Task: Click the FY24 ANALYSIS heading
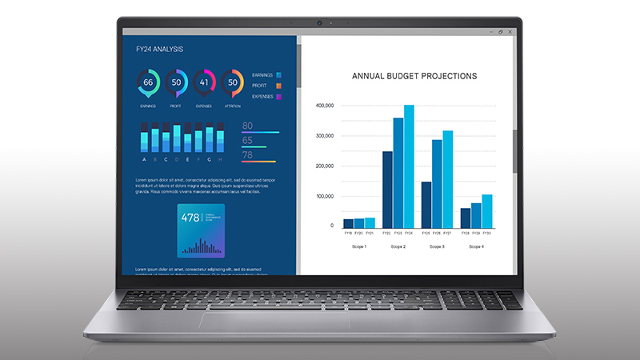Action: pyautogui.click(x=159, y=50)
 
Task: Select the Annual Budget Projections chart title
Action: pyautogui.click(x=414, y=76)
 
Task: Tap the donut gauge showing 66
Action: pyautogui.click(x=148, y=82)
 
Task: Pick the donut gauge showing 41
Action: pyautogui.click(x=204, y=82)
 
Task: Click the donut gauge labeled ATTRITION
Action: pyautogui.click(x=232, y=82)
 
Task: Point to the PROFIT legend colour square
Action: pyautogui.click(x=278, y=86)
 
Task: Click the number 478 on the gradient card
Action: pyautogui.click(x=190, y=218)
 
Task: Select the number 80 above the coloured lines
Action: pyautogui.click(x=247, y=126)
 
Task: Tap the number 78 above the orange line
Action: pyautogui.click(x=247, y=154)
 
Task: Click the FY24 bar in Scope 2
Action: pyautogui.click(x=409, y=167)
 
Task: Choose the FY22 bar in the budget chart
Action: pyautogui.click(x=387, y=190)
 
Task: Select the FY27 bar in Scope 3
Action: pyautogui.click(x=447, y=179)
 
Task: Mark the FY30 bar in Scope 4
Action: pyautogui.click(x=486, y=211)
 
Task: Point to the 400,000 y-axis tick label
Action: pyautogui.click(x=324, y=106)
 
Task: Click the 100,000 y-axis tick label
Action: pyautogui.click(x=324, y=196)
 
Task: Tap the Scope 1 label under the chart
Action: pyautogui.click(x=358, y=246)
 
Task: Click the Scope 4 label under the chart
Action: pyautogui.click(x=476, y=246)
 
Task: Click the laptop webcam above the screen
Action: pyautogui.click(x=320, y=22)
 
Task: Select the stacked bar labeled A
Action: pyautogui.click(x=144, y=138)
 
